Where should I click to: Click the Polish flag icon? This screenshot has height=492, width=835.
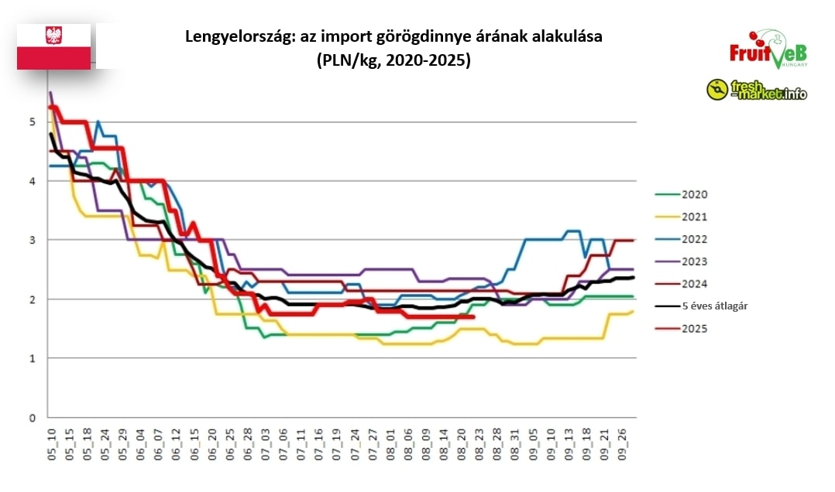(x=54, y=46)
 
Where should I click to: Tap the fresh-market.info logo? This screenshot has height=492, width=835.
(x=756, y=90)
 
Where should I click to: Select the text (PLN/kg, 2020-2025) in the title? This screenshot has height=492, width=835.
(x=393, y=61)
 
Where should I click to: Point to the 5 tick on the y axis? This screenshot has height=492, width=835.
(x=33, y=121)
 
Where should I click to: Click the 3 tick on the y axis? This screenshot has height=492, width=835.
(x=33, y=240)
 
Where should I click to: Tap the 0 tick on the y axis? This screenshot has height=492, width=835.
(x=33, y=418)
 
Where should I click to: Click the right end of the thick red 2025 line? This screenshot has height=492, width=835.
(x=472, y=316)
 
